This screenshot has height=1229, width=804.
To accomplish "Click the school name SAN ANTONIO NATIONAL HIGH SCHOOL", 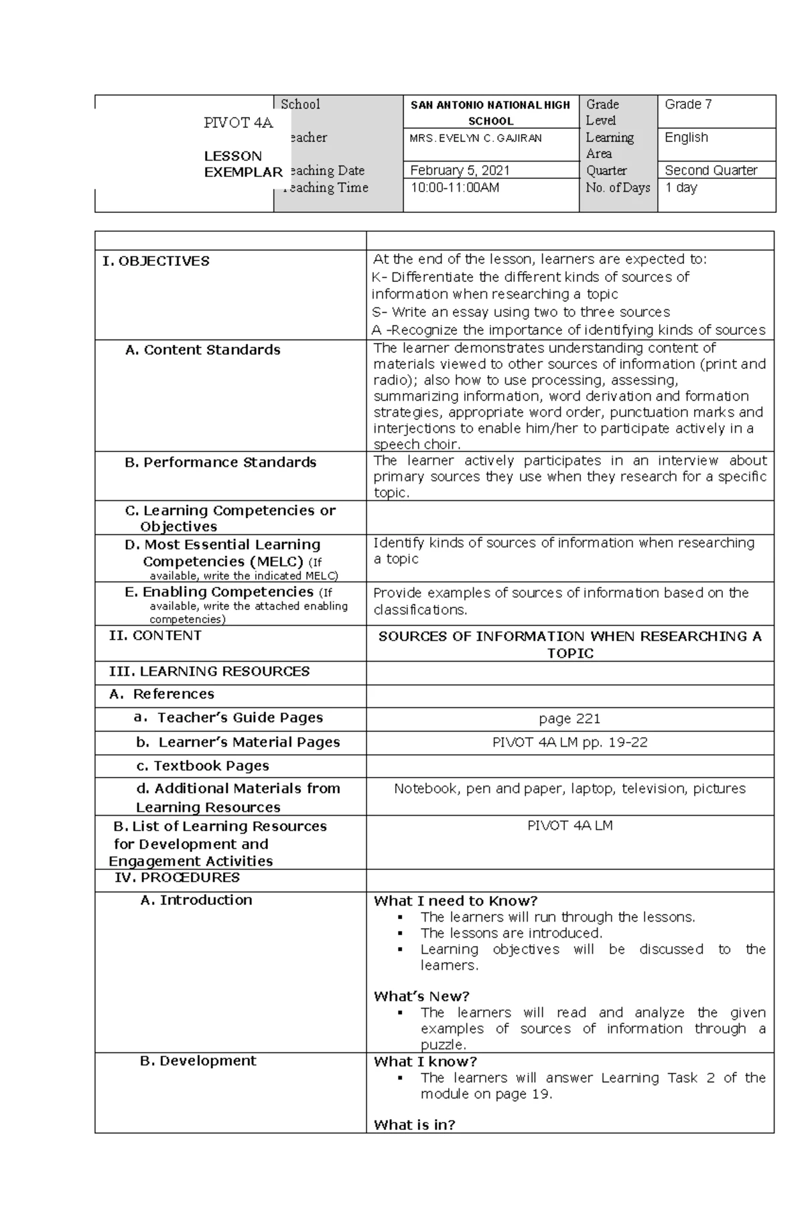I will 490,113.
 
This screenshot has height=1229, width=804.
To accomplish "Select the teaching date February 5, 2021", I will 460,170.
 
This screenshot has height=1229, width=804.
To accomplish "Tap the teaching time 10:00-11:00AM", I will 454,188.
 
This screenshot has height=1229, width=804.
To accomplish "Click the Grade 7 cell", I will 688,104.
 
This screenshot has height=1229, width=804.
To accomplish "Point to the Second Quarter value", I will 711,170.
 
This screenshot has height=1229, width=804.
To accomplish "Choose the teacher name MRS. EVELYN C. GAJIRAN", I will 476,138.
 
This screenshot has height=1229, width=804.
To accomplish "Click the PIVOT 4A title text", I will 239,123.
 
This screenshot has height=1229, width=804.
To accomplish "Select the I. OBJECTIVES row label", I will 156,261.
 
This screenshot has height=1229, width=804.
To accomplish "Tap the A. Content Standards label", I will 202,350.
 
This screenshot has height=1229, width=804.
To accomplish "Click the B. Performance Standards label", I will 220,462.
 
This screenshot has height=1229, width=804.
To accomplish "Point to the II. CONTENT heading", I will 155,636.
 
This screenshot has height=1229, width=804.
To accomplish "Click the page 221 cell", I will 569,719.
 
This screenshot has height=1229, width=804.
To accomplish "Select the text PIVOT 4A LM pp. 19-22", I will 569,742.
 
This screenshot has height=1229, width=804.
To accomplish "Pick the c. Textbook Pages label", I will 202,766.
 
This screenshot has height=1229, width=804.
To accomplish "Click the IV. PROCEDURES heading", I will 177,877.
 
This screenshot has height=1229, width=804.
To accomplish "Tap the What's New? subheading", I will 421,996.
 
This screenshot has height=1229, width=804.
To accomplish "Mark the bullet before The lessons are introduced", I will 399,934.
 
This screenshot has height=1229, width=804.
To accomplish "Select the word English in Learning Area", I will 686,137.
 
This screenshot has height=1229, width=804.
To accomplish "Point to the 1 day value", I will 681,188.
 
